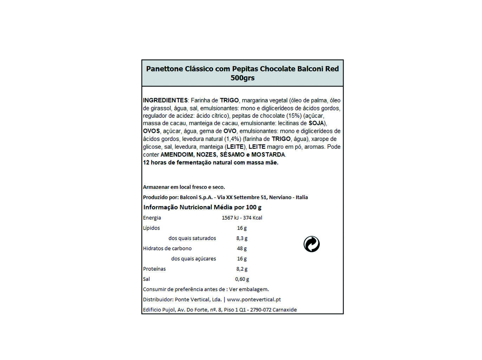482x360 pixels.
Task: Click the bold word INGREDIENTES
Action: tap(165, 101)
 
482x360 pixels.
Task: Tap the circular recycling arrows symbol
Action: tap(312, 244)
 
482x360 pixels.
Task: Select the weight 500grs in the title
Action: tap(242, 78)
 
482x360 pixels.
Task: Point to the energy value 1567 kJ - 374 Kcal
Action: tap(242, 218)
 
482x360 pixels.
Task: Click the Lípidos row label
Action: tap(151, 228)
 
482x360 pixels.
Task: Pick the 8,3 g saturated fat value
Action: tap(242, 238)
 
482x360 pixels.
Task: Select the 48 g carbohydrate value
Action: tap(242, 249)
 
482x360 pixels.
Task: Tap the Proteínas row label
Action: tap(154, 269)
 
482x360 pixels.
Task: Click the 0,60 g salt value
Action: tap(242, 279)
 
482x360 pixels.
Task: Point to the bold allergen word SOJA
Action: tap(316, 123)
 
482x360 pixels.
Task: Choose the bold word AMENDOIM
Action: tap(177, 155)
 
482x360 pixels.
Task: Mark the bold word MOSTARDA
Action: tap(268, 155)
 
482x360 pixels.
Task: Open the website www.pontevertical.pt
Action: tap(254, 300)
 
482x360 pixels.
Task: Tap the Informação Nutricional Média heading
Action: tap(202, 207)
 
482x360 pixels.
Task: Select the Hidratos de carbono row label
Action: tap(167, 249)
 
